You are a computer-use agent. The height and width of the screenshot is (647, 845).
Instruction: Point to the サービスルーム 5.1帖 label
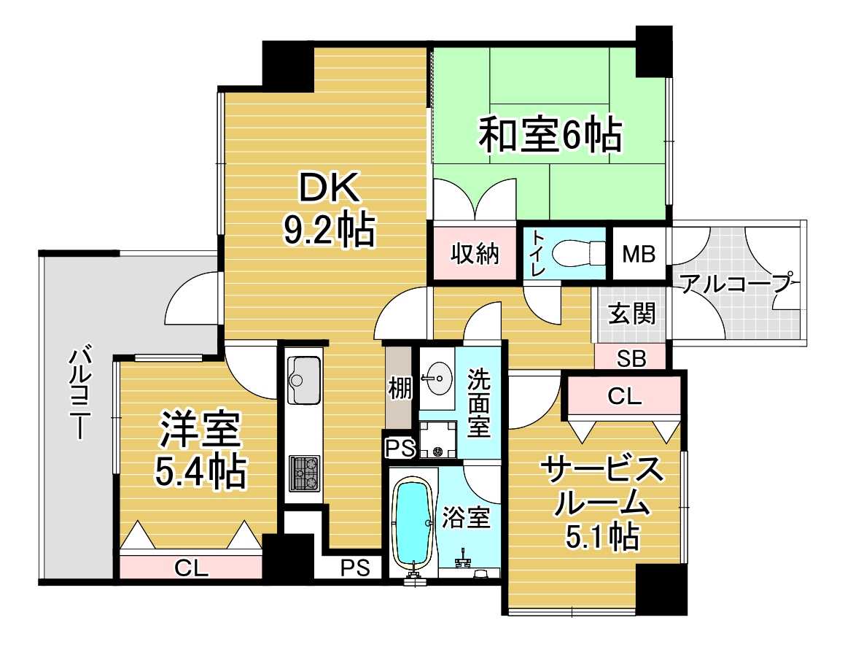[x=602, y=501]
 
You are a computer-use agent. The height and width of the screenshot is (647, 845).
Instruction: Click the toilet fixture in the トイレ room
[x=581, y=252]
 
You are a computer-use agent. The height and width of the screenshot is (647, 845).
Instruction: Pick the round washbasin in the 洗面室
[x=437, y=378]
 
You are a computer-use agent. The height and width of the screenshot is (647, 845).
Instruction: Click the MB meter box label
[x=639, y=253]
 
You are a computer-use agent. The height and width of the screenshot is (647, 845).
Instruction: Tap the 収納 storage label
[x=475, y=253]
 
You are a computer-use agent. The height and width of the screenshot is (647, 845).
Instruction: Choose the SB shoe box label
[x=631, y=359]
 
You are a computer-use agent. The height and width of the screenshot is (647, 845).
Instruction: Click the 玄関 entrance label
[x=631, y=313]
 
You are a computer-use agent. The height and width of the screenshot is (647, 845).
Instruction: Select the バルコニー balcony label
[x=79, y=394]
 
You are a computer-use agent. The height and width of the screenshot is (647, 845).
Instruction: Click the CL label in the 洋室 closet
[x=191, y=568]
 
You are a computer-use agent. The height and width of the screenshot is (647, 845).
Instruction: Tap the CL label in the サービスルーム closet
[x=625, y=396]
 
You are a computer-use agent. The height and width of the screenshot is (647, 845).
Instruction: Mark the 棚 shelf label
[x=400, y=387]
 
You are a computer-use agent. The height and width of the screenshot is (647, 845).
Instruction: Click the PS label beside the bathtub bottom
[x=355, y=567]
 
